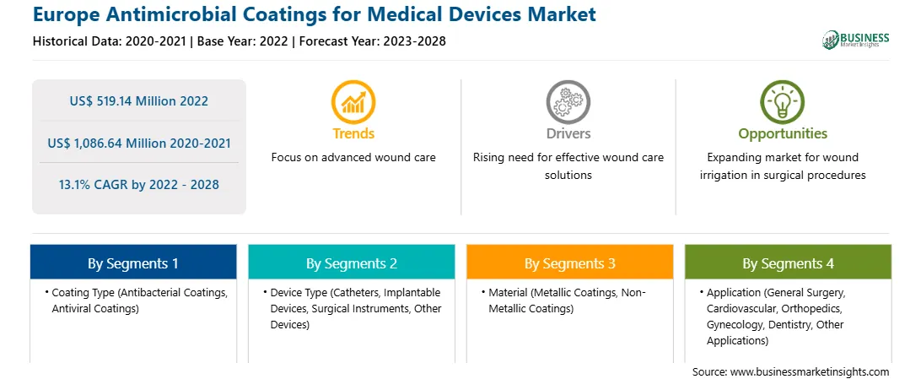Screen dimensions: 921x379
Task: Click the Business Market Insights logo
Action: point(856,40)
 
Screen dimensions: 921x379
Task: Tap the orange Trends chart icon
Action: point(353,101)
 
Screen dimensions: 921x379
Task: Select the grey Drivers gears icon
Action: point(568,101)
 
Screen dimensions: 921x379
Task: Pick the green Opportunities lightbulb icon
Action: point(783,101)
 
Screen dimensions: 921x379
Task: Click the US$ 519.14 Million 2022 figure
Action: point(138,101)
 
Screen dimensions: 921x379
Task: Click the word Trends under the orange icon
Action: point(353,133)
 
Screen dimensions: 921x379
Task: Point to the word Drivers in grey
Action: point(568,133)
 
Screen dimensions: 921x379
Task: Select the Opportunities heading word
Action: point(783,134)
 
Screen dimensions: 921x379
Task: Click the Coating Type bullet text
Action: point(137,300)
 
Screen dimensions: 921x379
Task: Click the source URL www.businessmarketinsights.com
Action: point(810,371)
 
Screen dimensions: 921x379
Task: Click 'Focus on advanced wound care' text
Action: point(353,158)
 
